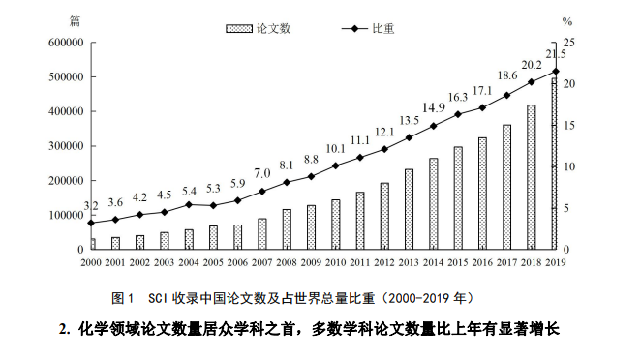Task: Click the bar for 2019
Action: tap(555, 164)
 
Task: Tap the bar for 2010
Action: tap(335, 225)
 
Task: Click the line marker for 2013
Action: tap(409, 137)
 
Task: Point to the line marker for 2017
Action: tap(506, 95)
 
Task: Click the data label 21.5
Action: tap(557, 54)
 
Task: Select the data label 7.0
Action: tap(262, 173)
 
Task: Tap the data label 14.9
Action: tap(433, 107)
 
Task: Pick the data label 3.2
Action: tap(91, 206)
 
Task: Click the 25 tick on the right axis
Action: tap(568, 43)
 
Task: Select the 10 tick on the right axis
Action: tap(568, 166)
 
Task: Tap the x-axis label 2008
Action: tap(287, 262)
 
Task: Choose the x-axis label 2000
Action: tap(91, 262)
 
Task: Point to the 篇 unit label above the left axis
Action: tap(76, 20)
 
